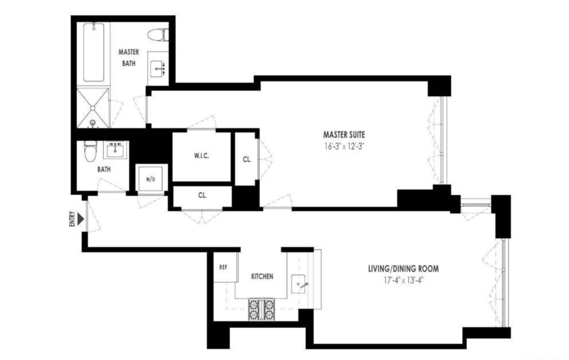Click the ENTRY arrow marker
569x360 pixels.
[81, 219]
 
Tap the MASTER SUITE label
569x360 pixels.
[344, 135]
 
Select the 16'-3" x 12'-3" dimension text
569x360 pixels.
[344, 146]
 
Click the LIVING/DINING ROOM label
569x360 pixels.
[403, 269]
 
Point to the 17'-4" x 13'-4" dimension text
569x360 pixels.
[403, 281]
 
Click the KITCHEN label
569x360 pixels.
[262, 276]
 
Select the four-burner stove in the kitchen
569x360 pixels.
[262, 309]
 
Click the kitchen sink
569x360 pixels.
[298, 284]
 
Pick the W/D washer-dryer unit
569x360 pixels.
[150, 179]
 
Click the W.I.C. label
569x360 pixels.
[202, 156]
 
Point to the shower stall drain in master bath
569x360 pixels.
[93, 108]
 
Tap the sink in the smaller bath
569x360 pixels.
[115, 150]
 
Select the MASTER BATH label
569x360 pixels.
[129, 58]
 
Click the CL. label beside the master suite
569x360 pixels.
[247, 160]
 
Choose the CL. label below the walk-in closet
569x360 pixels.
[202, 196]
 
